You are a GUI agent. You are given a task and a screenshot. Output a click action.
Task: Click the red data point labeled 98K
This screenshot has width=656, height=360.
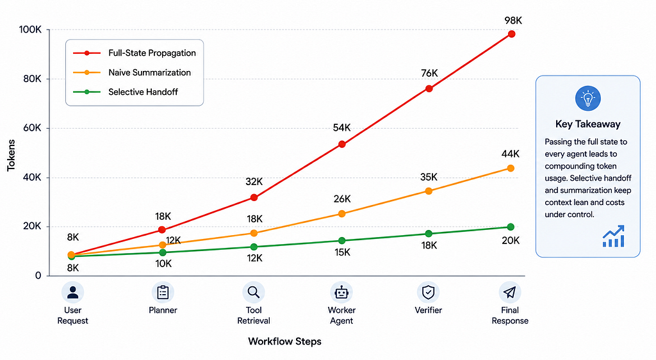coord(511,34)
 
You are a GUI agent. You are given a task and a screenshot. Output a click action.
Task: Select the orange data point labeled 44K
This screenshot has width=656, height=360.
coord(511,168)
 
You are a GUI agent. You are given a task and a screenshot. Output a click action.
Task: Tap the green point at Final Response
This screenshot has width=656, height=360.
coord(511,227)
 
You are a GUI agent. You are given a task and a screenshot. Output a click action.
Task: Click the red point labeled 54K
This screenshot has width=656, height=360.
coord(342,144)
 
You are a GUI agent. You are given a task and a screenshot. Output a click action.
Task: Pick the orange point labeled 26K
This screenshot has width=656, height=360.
coord(342,214)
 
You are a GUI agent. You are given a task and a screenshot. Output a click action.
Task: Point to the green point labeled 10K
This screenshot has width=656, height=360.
coord(163,252)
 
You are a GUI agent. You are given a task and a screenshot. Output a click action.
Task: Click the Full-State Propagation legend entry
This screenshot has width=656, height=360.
coord(135,53)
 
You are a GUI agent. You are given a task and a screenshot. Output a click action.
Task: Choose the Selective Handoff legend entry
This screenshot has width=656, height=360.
coord(126,92)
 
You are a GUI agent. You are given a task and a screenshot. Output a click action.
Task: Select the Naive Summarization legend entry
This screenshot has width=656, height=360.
coord(132,73)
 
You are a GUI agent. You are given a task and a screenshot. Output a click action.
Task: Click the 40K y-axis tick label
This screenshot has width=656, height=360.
coord(32,177)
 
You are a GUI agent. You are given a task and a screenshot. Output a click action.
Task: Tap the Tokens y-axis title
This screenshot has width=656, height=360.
coord(11,155)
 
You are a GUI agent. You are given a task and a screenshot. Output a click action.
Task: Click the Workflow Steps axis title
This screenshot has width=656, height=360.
coord(285,341)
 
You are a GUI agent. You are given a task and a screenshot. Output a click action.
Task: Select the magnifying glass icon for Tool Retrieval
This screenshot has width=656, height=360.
coord(254,292)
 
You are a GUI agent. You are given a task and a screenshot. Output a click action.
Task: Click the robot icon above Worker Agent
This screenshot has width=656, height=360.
coord(341,292)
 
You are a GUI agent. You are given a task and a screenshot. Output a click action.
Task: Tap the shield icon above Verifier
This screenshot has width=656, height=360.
coord(428,292)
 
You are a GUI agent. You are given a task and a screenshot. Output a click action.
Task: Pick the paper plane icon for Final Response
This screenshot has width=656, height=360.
coord(509,292)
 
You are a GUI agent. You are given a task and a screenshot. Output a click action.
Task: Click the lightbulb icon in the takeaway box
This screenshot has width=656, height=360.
coord(588,99)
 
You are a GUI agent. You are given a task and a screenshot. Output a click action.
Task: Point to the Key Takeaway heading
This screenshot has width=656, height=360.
coord(588,124)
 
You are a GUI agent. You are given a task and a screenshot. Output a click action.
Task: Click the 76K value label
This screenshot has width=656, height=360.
coord(429,73)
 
